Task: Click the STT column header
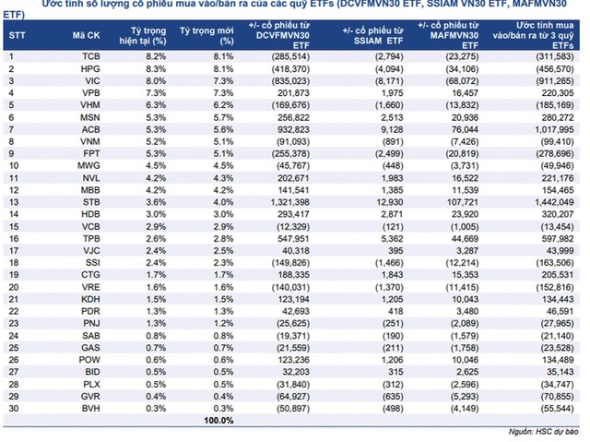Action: click(17, 36)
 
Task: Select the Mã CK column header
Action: click(86, 36)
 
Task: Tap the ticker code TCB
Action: click(91, 56)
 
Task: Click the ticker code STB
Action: click(91, 202)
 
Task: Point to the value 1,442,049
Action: click(554, 202)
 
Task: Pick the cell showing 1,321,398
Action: click(289, 202)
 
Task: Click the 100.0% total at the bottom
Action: click(218, 421)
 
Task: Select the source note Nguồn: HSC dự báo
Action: click(543, 432)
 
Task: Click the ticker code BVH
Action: click(91, 409)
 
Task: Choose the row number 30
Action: click(14, 409)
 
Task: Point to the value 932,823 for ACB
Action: click(293, 129)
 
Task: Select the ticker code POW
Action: click(89, 360)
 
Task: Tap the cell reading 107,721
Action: click(463, 202)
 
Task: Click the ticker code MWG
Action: click(88, 166)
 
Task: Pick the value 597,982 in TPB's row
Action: click(558, 239)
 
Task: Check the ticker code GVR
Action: click(90, 397)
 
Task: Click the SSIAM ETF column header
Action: click(372, 36)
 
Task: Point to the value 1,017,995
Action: click(554, 129)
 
